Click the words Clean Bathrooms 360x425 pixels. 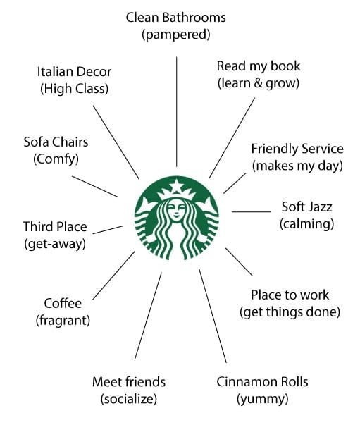(x=176, y=18)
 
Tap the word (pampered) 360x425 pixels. (x=176, y=35)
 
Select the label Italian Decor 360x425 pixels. (x=74, y=72)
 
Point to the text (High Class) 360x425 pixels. (x=74, y=89)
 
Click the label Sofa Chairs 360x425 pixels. (x=56, y=142)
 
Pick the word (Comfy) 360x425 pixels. (x=56, y=159)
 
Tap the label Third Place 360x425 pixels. (x=55, y=226)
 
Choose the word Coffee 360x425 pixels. (x=63, y=303)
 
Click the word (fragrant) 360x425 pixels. (x=63, y=321)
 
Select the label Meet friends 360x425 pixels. (x=129, y=382)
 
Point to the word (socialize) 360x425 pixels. (x=129, y=399)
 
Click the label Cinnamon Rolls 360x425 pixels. (x=262, y=382)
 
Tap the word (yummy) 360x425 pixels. (x=262, y=399)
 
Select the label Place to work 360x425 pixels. (x=290, y=295)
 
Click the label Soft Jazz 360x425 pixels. (x=306, y=207)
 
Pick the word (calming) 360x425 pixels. (x=306, y=224)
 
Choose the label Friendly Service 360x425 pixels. (x=297, y=149)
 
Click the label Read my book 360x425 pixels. (x=259, y=66)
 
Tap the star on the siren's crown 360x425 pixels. (x=177, y=186)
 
